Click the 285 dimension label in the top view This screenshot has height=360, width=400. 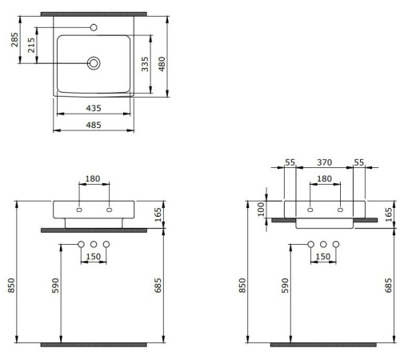(x=15, y=40)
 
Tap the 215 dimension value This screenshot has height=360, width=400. (x=31, y=45)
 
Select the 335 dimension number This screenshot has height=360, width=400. (x=145, y=64)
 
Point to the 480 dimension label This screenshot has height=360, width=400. (x=162, y=64)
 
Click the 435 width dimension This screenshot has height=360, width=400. (x=94, y=108)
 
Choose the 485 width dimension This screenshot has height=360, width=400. (x=94, y=125)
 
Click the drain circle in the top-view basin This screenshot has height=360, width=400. (x=94, y=63)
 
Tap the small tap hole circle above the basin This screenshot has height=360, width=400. (x=94, y=27)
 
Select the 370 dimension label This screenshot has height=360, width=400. (x=325, y=162)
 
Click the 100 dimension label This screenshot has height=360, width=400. (x=262, y=210)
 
